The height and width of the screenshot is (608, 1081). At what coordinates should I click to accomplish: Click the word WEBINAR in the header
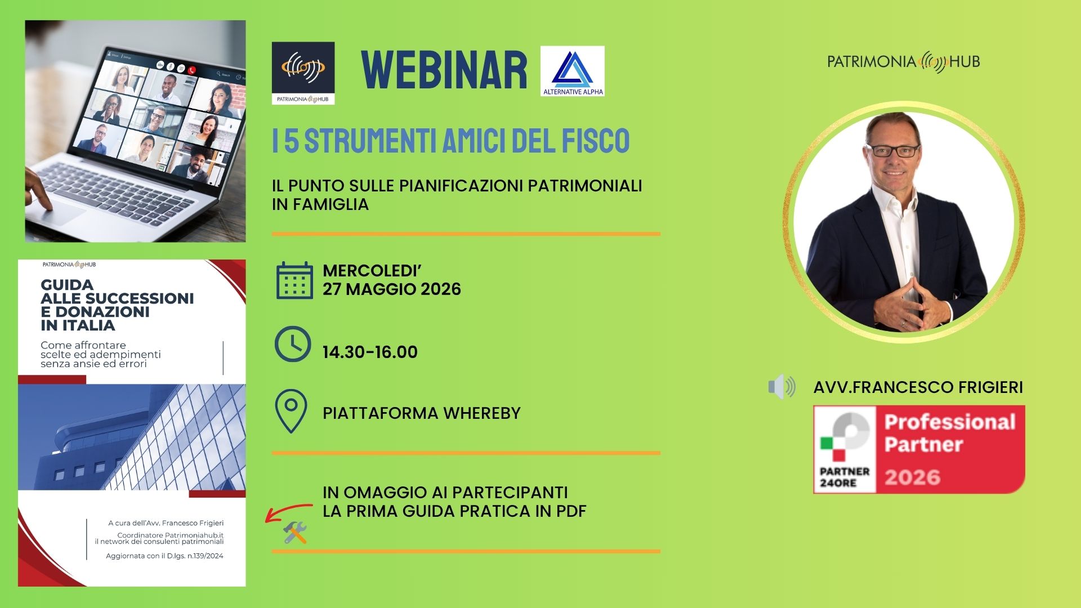[445, 70]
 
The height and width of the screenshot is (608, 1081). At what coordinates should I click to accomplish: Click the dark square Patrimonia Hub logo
[303, 73]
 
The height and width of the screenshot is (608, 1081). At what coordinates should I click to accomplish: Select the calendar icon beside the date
[294, 280]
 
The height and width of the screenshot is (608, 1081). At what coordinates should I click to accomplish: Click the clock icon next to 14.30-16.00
[293, 344]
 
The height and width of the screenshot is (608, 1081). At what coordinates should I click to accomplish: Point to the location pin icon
[291, 412]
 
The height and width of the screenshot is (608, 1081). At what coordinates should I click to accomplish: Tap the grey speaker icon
[782, 387]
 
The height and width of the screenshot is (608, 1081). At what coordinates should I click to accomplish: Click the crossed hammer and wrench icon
[295, 533]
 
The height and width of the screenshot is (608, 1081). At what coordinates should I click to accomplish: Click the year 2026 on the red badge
[913, 477]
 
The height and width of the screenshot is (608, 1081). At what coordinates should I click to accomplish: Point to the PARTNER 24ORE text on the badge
[845, 477]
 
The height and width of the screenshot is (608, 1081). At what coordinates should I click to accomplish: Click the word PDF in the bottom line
[571, 511]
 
